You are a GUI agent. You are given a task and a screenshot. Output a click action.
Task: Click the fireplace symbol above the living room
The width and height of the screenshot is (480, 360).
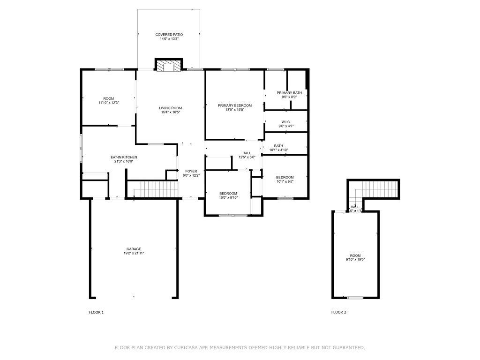click(168, 66)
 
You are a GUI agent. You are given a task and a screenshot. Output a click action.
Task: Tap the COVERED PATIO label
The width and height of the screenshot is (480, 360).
click(169, 35)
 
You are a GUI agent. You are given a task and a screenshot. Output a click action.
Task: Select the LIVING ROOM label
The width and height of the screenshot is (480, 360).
click(170, 108)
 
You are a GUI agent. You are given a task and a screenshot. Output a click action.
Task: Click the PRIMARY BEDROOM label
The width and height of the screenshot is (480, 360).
click(235, 106)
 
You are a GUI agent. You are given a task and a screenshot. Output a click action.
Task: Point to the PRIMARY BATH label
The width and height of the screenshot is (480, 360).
click(289, 93)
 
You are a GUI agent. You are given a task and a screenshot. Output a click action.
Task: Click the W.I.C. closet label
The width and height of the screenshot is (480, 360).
click(285, 122)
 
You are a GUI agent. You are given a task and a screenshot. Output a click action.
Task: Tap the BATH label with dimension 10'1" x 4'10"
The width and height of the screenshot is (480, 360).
click(278, 146)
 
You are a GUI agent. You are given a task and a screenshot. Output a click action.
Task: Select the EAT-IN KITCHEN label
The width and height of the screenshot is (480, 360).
click(124, 157)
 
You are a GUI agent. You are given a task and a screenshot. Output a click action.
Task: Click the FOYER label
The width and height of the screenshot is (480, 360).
click(191, 172)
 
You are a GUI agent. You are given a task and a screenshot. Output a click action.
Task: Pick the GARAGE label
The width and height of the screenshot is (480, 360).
click(134, 249)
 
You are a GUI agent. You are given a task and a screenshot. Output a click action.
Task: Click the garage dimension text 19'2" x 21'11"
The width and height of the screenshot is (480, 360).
click(134, 253)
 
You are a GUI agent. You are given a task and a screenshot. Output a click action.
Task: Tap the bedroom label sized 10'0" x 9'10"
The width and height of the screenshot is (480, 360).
click(228, 194)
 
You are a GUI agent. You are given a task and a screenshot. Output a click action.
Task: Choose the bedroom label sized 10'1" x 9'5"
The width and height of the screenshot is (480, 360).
click(285, 178)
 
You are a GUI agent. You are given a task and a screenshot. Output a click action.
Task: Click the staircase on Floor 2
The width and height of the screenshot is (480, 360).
click(377, 190)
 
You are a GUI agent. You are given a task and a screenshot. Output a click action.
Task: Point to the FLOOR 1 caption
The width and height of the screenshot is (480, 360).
click(96, 312)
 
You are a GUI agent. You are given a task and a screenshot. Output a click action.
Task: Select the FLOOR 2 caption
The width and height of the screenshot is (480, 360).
click(338, 312)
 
